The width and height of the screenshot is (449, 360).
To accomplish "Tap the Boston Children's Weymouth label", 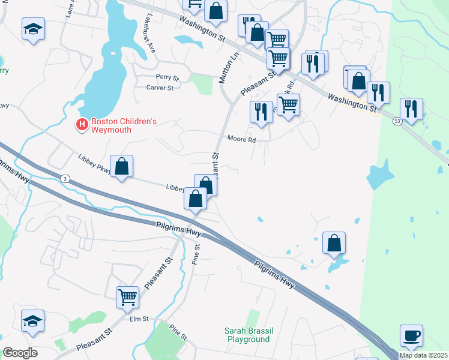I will coord(124,125).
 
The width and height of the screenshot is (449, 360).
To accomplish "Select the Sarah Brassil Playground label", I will coord(247,335).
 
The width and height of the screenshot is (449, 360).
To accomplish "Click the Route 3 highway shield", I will coord(64,178).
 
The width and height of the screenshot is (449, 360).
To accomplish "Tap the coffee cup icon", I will coord(411,336).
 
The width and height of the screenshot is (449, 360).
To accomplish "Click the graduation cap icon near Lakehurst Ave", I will coord(34,29).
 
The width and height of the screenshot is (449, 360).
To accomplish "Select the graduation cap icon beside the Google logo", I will coord(32,321).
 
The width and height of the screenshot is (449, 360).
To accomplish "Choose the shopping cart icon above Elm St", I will coord(127,296).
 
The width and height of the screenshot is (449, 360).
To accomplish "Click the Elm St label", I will coord(139,319).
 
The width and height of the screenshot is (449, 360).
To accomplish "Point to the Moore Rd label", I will coord(241,140).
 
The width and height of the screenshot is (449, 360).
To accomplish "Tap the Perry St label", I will coord(167,77).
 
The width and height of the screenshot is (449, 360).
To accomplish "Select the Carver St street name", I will coord(160,88).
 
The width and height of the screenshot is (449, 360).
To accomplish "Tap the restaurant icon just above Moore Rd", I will coord(261,112).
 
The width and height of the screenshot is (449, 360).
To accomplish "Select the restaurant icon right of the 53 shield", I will coord(411,109).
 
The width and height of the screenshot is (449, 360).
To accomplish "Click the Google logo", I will coord(20,353).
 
